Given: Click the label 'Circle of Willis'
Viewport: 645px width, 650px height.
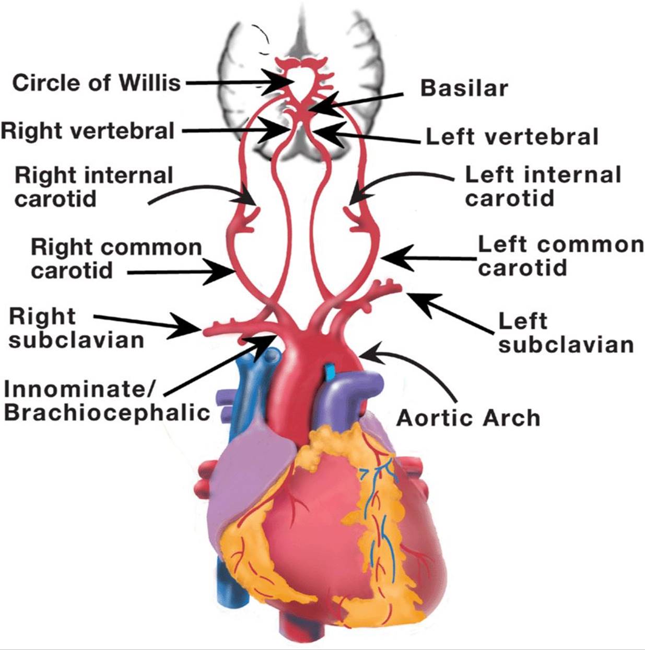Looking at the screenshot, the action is pyautogui.click(x=97, y=83).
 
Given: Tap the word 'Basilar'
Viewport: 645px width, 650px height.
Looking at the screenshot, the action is pyautogui.click(x=464, y=88).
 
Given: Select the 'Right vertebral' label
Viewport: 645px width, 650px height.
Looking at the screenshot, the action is pyautogui.click(x=88, y=131).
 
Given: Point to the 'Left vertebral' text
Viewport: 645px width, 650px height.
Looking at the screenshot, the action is pyautogui.click(x=512, y=136).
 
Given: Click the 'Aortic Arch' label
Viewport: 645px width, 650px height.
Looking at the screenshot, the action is pyautogui.click(x=468, y=417).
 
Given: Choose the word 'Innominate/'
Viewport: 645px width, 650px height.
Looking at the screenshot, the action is pyautogui.click(x=79, y=389).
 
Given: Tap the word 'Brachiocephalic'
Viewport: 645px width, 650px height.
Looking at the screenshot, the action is pyautogui.click(x=107, y=412).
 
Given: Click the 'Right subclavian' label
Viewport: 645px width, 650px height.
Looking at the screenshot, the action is pyautogui.click(x=77, y=328).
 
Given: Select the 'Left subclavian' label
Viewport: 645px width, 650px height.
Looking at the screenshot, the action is pyautogui.click(x=566, y=333).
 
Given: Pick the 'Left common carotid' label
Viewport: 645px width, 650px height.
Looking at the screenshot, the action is pyautogui.click(x=561, y=256).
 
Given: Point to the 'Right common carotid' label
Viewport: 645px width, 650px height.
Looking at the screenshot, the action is pyautogui.click(x=116, y=259).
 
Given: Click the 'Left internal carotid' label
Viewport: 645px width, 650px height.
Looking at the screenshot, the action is pyautogui.click(x=543, y=187).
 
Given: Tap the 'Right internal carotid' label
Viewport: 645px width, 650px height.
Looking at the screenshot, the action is pyautogui.click(x=93, y=188).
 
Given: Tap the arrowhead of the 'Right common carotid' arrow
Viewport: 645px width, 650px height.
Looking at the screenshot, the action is pyautogui.click(x=219, y=271).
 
